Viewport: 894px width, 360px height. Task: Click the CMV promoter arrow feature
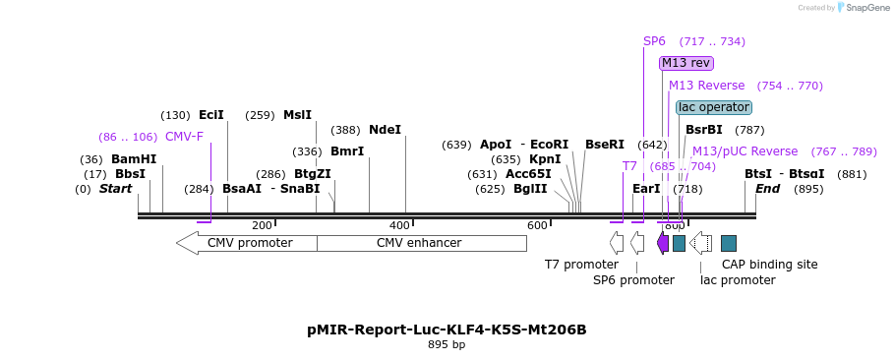246,243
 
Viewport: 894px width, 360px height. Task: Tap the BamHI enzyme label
134,159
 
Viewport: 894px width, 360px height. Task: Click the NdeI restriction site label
385,130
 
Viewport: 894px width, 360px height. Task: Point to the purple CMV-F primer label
184,137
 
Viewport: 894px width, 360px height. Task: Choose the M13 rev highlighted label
685,63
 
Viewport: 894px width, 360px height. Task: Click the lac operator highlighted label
714,107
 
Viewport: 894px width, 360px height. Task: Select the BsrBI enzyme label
704,130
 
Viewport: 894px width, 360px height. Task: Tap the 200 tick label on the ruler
262,225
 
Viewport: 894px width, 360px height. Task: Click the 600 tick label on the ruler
537,225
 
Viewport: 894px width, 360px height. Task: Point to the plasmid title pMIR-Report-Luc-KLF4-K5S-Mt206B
447,330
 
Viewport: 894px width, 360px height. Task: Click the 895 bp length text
447,345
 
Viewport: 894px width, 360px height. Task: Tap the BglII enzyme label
530,189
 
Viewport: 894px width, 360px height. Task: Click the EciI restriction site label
211,115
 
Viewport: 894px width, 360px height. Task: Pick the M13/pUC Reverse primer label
745,151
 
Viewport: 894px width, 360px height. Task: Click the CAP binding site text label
769,265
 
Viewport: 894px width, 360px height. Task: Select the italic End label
767,189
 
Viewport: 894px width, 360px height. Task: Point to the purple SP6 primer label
654,41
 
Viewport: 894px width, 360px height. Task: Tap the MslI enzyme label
297,115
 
